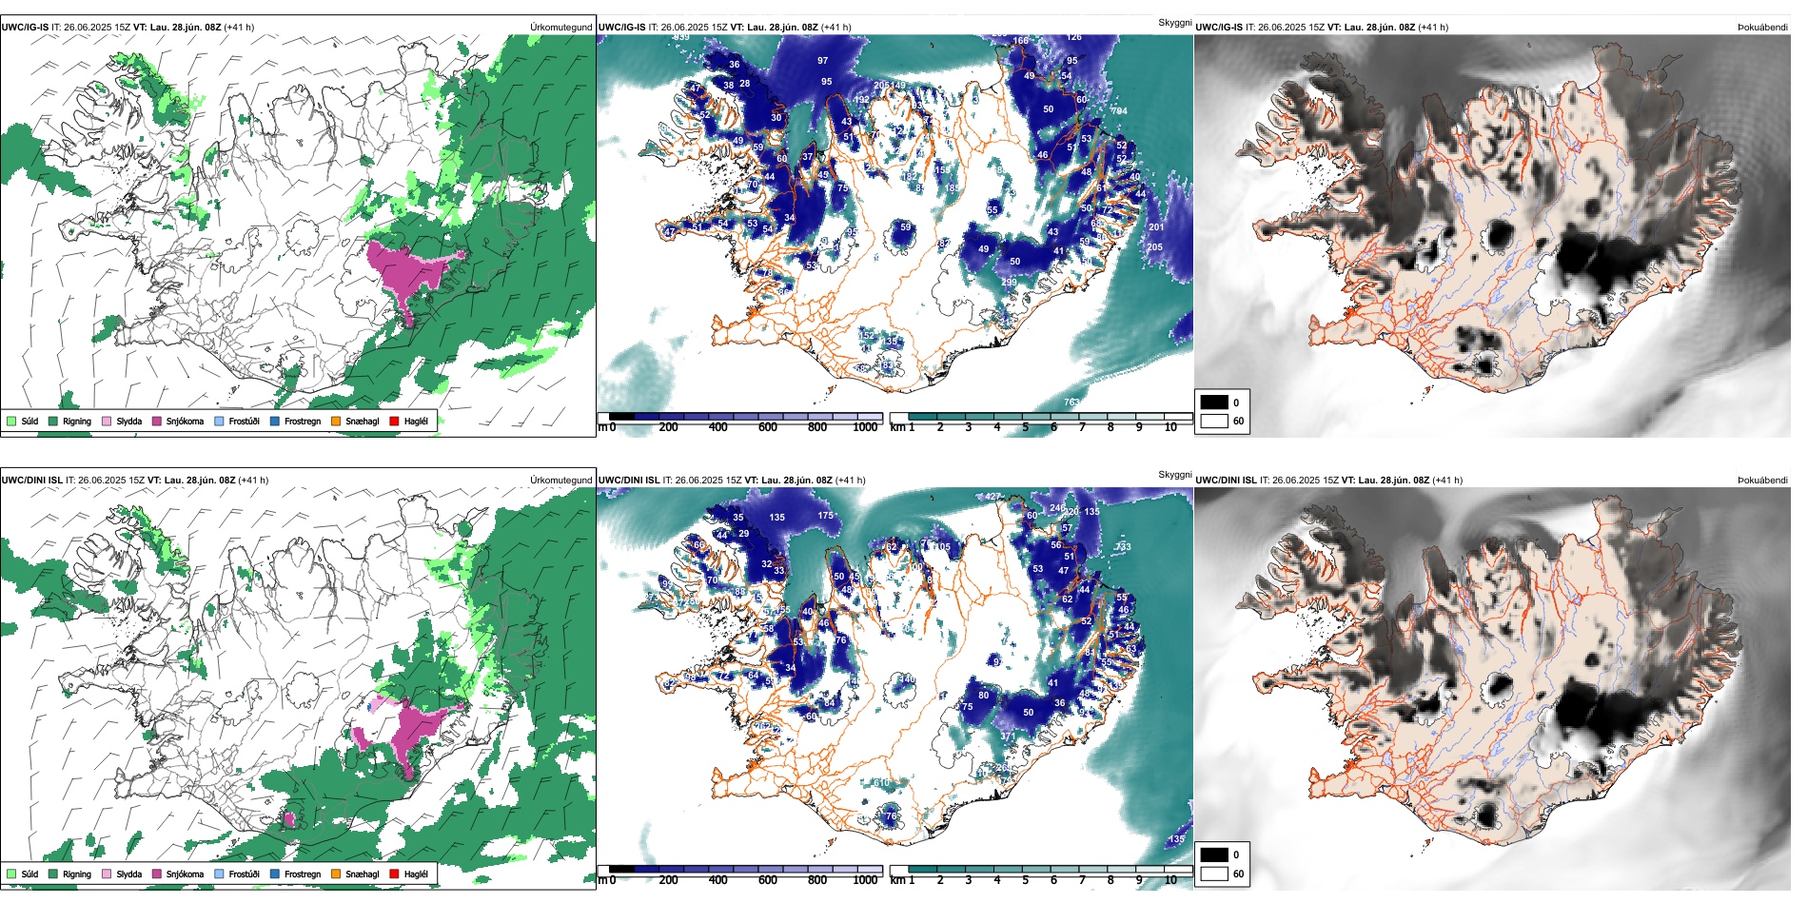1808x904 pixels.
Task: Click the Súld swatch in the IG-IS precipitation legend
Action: pyautogui.click(x=11, y=421)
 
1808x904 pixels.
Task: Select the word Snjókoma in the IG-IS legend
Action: pyautogui.click(x=185, y=421)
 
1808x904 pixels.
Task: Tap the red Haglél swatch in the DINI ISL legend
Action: pyautogui.click(x=393, y=874)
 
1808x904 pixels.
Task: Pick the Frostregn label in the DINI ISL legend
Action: pyautogui.click(x=302, y=874)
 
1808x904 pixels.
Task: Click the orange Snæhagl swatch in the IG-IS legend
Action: pyautogui.click(x=336, y=421)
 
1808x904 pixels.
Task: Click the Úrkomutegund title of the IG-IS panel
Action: pyautogui.click(x=560, y=28)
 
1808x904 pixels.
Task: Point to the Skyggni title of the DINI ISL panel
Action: pyautogui.click(x=1174, y=474)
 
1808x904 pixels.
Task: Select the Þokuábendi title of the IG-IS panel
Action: pyautogui.click(x=1762, y=28)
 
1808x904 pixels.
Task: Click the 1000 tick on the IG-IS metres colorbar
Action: pyautogui.click(x=865, y=427)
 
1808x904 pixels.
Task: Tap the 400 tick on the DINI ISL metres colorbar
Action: pyautogui.click(x=717, y=880)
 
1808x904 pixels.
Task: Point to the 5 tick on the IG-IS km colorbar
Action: pyautogui.click(x=1025, y=427)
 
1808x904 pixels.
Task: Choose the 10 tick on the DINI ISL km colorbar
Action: pyautogui.click(x=1170, y=880)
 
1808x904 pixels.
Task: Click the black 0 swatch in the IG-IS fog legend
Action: pyautogui.click(x=1214, y=403)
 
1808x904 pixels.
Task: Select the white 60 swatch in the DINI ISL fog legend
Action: pyautogui.click(x=1214, y=874)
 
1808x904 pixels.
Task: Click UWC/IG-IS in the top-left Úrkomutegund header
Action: pyautogui.click(x=25, y=28)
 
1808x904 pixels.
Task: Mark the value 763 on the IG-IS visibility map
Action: pyautogui.click(x=1071, y=403)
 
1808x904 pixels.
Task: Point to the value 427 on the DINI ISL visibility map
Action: pyautogui.click(x=992, y=497)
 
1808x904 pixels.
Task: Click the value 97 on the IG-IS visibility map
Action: pyautogui.click(x=822, y=61)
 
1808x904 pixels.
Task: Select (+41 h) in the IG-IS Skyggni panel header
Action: pyautogui.click(x=833, y=28)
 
